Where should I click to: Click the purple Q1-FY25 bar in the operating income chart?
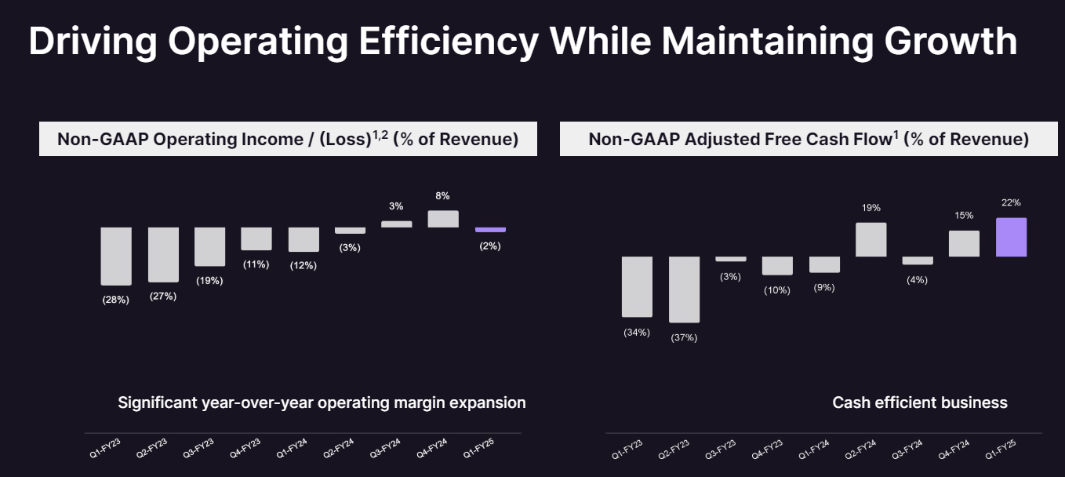point(490,230)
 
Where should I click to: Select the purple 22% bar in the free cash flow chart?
point(1011,237)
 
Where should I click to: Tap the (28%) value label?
point(115,300)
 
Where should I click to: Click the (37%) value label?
point(684,337)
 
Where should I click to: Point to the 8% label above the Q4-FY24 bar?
point(443,196)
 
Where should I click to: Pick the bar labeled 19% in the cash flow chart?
point(871,239)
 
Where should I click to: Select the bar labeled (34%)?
point(637,286)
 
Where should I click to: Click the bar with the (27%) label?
point(163,255)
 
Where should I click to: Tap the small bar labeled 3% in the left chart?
point(396,224)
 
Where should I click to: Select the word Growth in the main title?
point(951,41)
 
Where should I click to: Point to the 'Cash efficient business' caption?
point(919,402)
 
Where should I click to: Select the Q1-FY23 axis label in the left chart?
point(105,450)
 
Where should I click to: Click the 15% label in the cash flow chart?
point(964,216)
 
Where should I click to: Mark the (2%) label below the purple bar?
point(490,246)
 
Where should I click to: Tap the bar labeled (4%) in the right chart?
point(918,260)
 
